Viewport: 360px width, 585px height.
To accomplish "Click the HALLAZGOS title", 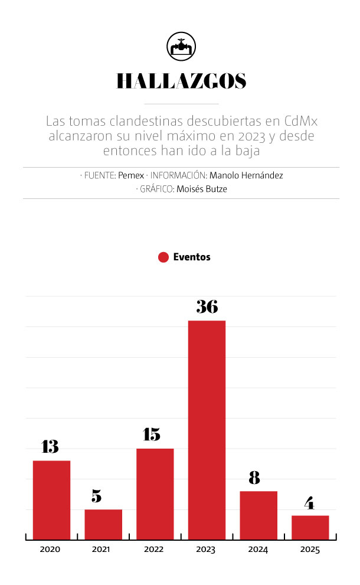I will (181, 81).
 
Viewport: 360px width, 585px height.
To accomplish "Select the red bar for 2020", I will (51, 499).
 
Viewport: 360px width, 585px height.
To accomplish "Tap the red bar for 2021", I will (103, 524).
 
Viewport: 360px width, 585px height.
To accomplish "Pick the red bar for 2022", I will (155, 494).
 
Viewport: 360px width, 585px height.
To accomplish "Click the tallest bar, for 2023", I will (207, 430).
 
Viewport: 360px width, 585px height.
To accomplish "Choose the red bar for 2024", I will (258, 515).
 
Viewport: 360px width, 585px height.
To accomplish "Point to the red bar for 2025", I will (310, 527).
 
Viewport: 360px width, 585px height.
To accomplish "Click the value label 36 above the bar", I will (207, 307).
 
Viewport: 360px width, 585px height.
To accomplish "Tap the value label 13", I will (50, 447).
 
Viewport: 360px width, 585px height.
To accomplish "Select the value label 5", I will (96, 496).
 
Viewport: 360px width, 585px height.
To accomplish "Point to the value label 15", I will (152, 435).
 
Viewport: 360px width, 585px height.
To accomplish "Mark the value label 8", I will (254, 478).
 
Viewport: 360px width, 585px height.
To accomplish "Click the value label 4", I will (309, 503).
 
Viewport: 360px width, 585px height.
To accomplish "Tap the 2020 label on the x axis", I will (50, 550).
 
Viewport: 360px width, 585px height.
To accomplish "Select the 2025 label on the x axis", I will (310, 550).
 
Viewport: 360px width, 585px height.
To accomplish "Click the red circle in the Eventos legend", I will (164, 257).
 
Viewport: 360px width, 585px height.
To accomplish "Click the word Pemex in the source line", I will (131, 175).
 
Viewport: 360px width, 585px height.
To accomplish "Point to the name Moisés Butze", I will (201, 189).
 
